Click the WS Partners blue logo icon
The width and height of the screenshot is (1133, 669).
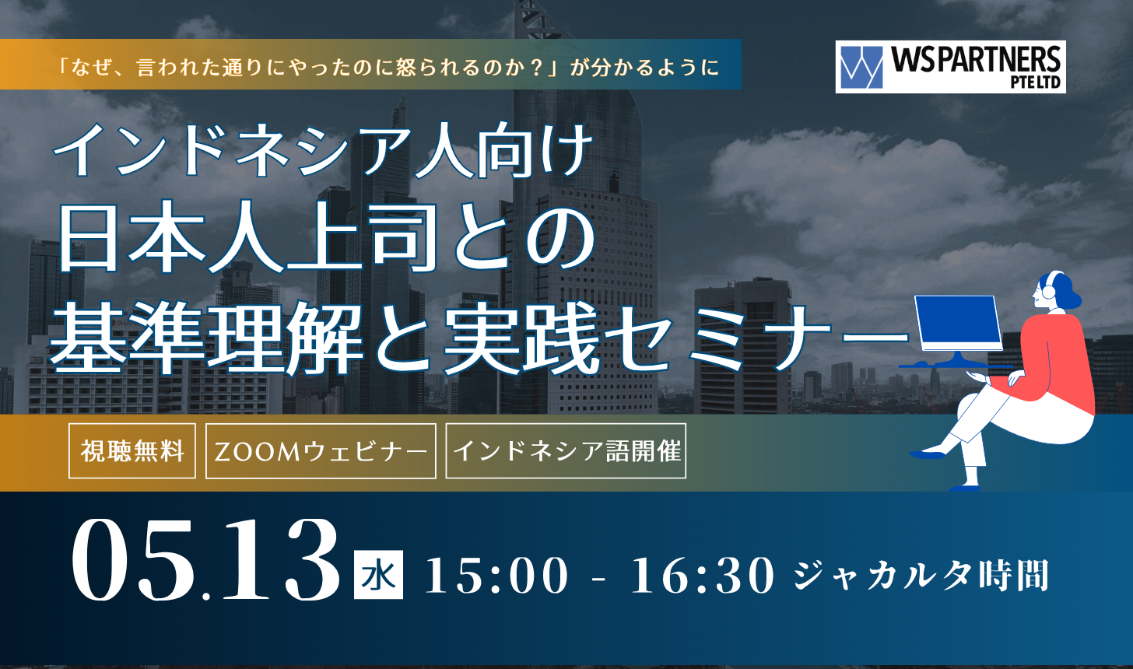(861, 67)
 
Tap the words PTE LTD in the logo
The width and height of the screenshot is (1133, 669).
(1036, 82)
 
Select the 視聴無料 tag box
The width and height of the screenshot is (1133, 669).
(132, 450)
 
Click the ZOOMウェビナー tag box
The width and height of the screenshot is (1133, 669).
(321, 450)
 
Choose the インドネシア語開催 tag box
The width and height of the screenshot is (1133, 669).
(566, 450)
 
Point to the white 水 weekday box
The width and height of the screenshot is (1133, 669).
(378, 574)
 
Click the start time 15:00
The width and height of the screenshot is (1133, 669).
(496, 576)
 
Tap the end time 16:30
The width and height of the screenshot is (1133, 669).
(703, 576)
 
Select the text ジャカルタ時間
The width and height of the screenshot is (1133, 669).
(921, 575)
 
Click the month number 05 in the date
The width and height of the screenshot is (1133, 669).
(133, 559)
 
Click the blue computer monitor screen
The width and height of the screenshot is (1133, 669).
(958, 321)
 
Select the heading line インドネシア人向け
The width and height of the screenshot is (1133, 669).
(323, 151)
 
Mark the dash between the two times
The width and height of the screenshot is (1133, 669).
(598, 578)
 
